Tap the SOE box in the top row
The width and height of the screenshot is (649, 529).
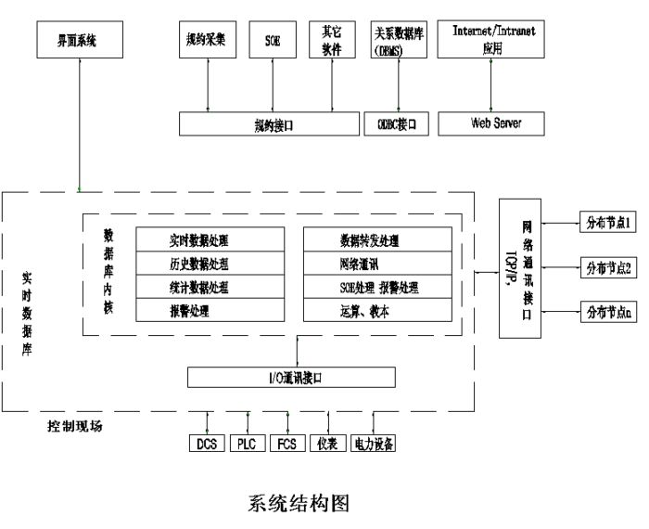coord(273,39)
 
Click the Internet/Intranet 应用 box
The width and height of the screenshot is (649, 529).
coord(492,40)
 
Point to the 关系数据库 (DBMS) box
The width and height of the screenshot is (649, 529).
coord(398,40)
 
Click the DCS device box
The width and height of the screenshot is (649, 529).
coord(206,444)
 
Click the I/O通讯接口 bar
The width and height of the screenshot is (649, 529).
coord(291,378)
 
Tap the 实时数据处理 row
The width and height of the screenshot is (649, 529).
coord(210,240)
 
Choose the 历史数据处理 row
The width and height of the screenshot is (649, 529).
coord(210,264)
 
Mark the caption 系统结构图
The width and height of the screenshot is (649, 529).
coord(299,503)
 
